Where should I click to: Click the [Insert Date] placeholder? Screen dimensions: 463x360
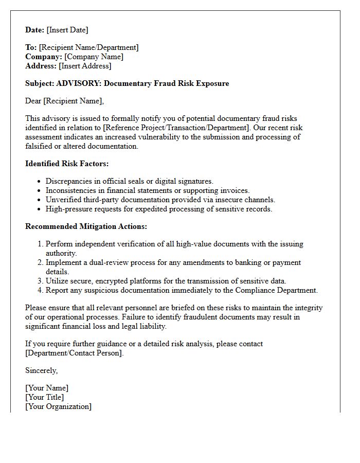(x=67, y=30)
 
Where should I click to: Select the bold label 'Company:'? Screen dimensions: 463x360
(x=44, y=57)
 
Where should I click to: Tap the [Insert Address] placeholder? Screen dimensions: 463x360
(x=85, y=66)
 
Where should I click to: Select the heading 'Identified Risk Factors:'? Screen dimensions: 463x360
(x=67, y=164)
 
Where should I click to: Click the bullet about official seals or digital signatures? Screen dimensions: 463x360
(x=129, y=181)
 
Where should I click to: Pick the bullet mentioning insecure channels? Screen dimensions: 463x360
(x=160, y=200)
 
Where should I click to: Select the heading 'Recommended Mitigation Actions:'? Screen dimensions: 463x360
(x=86, y=226)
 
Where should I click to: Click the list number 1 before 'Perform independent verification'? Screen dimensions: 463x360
(x=40, y=244)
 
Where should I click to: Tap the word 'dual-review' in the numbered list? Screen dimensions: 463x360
(x=112, y=262)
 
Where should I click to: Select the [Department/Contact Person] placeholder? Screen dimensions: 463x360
(x=75, y=353)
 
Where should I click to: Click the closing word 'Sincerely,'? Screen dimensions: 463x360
(x=41, y=370)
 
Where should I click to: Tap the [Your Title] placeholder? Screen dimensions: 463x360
(x=45, y=397)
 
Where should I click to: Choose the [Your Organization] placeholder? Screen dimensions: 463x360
(x=58, y=406)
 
